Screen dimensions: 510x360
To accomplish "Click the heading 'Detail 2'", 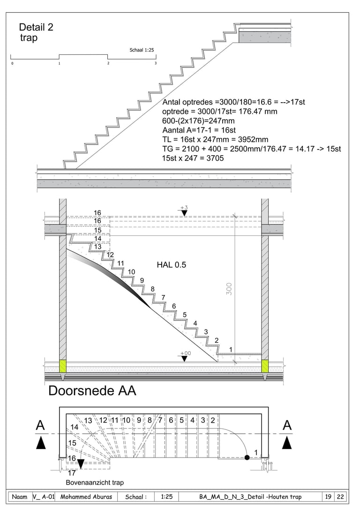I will point(36,27).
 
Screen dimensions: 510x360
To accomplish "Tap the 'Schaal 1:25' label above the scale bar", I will point(142,50).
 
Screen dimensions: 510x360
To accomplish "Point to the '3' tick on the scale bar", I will point(156,63).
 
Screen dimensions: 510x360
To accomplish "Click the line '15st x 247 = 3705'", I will point(193,158).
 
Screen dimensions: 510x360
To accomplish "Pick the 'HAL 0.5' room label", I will point(171,265).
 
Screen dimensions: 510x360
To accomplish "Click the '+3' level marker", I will point(184,207).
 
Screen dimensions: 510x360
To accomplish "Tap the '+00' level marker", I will point(185,353).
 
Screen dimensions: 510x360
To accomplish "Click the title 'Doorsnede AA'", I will point(92,390).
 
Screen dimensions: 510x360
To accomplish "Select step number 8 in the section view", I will point(152,289).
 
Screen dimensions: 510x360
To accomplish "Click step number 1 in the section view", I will point(231,349).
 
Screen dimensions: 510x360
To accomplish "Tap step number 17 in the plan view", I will point(72,473).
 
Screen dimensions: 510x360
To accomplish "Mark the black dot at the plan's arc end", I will point(247,457).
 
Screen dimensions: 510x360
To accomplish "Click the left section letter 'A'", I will point(41,426).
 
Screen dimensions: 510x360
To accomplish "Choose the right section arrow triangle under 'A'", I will point(287,442).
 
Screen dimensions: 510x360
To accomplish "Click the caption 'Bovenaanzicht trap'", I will point(95,482).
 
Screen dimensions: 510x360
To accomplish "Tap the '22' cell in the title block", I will point(340,497).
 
